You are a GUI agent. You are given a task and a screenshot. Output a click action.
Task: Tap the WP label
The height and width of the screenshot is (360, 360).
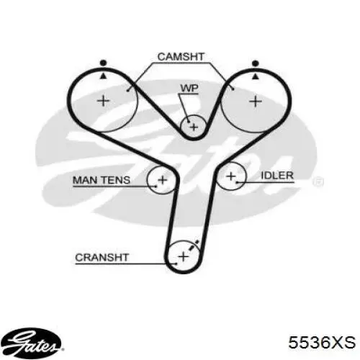click(189, 89)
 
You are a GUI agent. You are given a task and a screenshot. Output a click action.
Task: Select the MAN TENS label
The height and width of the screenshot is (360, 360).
click(102, 180)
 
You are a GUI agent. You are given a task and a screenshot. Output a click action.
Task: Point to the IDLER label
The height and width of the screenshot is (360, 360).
click(277, 176)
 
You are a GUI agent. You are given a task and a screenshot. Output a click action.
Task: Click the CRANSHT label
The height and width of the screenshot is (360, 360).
click(102, 258)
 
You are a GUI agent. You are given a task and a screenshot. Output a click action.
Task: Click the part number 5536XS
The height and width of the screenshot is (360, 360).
click(322, 342)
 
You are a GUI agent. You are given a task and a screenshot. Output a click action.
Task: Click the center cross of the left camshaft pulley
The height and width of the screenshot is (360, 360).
click(103, 101)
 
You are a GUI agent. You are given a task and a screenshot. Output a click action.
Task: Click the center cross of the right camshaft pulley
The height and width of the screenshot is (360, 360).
click(256, 102)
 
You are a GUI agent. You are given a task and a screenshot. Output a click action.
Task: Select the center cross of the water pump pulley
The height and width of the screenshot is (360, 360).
click(194, 127)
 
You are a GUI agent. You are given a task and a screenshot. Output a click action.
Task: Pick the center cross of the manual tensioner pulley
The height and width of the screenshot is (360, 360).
click(163, 180)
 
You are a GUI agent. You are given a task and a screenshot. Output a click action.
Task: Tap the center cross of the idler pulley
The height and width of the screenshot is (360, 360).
click(231, 176)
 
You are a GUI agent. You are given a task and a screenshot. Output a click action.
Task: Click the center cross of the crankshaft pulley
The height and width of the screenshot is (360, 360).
click(184, 257)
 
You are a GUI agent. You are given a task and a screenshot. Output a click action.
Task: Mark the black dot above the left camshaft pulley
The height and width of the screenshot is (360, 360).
click(103, 63)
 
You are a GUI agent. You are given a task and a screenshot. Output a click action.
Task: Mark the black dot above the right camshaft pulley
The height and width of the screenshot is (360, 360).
click(256, 63)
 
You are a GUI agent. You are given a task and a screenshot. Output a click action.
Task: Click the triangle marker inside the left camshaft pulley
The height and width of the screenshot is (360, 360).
click(103, 76)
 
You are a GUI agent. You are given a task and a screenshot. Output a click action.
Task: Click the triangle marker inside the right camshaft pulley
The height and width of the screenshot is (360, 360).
click(256, 76)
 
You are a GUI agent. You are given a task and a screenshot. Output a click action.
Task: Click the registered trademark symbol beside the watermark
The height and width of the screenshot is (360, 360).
click(318, 181)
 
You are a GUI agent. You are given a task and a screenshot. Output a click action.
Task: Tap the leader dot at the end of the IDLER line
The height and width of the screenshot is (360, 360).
click(237, 183)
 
